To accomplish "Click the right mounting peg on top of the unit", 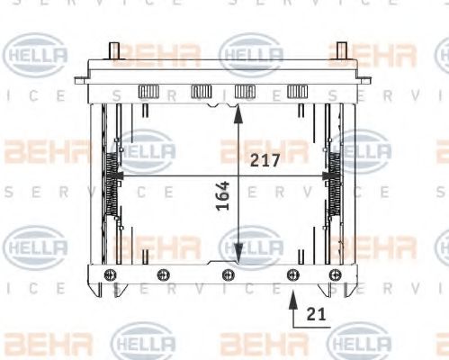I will pos(342,50).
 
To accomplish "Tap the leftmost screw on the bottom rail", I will pos(111,274).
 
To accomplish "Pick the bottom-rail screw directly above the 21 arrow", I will pos(292,274).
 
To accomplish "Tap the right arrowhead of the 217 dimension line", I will pos(327,174).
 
